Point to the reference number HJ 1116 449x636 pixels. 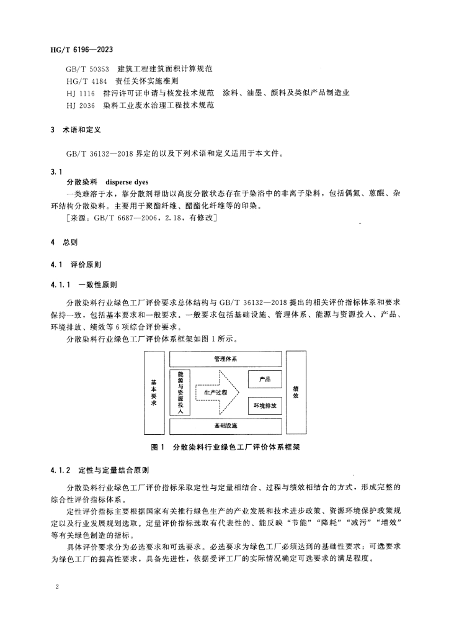pos(81,93)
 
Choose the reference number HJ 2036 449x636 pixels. pos(81,105)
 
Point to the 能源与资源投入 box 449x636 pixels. pos(179,393)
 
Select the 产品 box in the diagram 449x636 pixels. pos(265,378)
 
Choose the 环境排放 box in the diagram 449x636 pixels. pos(265,406)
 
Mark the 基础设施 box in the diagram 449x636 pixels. pos(225,426)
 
